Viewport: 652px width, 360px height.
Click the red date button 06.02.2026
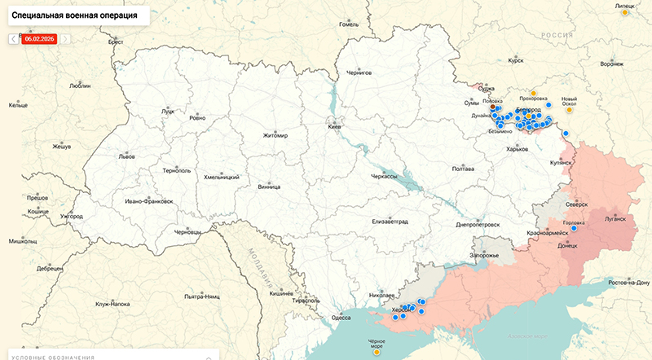(x=39, y=38)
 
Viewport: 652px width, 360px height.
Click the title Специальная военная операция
(x=74, y=15)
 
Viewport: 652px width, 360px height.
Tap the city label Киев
(x=334, y=128)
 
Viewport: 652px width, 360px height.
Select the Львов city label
(x=127, y=156)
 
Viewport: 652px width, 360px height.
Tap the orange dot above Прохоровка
(x=532, y=94)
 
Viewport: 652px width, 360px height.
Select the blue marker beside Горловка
(x=574, y=229)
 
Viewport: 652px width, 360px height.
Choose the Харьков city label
(x=517, y=150)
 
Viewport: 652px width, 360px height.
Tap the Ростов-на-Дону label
(x=628, y=283)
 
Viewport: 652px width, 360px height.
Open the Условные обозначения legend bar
(x=106, y=357)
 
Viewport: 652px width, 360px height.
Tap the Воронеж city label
(x=611, y=64)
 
